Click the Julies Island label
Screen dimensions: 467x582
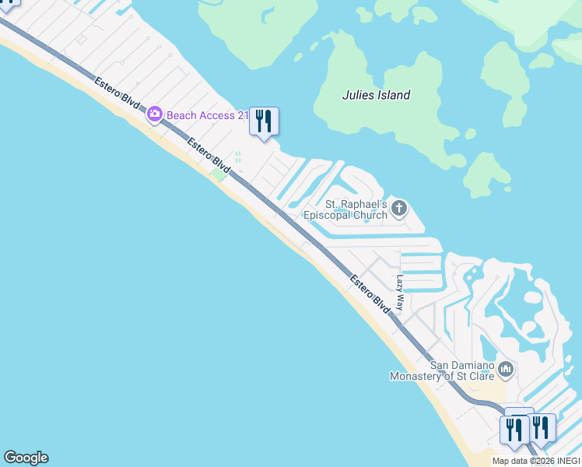(376, 95)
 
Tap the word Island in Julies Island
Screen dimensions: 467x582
(392, 95)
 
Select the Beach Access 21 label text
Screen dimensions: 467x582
(207, 115)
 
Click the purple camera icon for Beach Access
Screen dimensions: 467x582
(154, 115)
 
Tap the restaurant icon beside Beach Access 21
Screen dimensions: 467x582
(264, 121)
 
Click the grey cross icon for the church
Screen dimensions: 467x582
(399, 208)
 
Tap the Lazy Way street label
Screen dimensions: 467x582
(401, 293)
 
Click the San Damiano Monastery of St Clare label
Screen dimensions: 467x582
(442, 370)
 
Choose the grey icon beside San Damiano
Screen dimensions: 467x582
(506, 369)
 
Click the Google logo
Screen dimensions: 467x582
(26, 458)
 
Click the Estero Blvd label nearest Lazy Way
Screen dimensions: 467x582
(370, 294)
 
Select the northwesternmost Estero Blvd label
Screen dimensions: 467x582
(117, 97)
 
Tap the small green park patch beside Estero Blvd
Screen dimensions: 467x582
(219, 175)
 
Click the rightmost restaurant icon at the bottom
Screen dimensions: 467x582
(541, 427)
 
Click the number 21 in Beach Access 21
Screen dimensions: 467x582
(242, 115)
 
